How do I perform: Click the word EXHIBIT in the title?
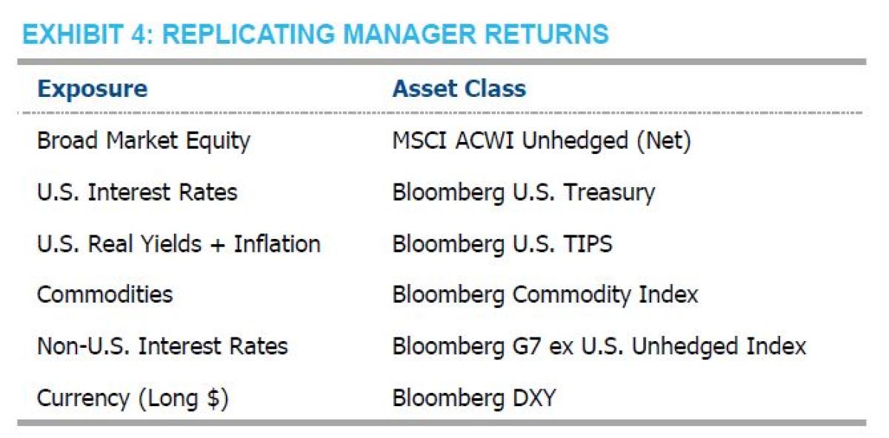(73, 34)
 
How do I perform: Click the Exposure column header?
(93, 89)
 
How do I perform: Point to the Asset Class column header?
(459, 88)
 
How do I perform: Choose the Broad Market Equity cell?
(144, 141)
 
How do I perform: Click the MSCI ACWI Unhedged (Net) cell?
(542, 141)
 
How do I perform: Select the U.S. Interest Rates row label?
(137, 192)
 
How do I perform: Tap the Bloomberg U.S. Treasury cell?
(524, 193)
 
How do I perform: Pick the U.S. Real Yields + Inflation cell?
(179, 243)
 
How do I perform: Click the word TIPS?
(588, 243)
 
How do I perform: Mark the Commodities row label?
(105, 294)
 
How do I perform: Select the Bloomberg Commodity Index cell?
(545, 295)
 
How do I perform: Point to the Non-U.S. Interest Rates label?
(162, 346)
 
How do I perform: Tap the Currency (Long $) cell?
(133, 398)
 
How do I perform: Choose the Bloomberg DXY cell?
(474, 398)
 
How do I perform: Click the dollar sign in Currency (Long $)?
(213, 398)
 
